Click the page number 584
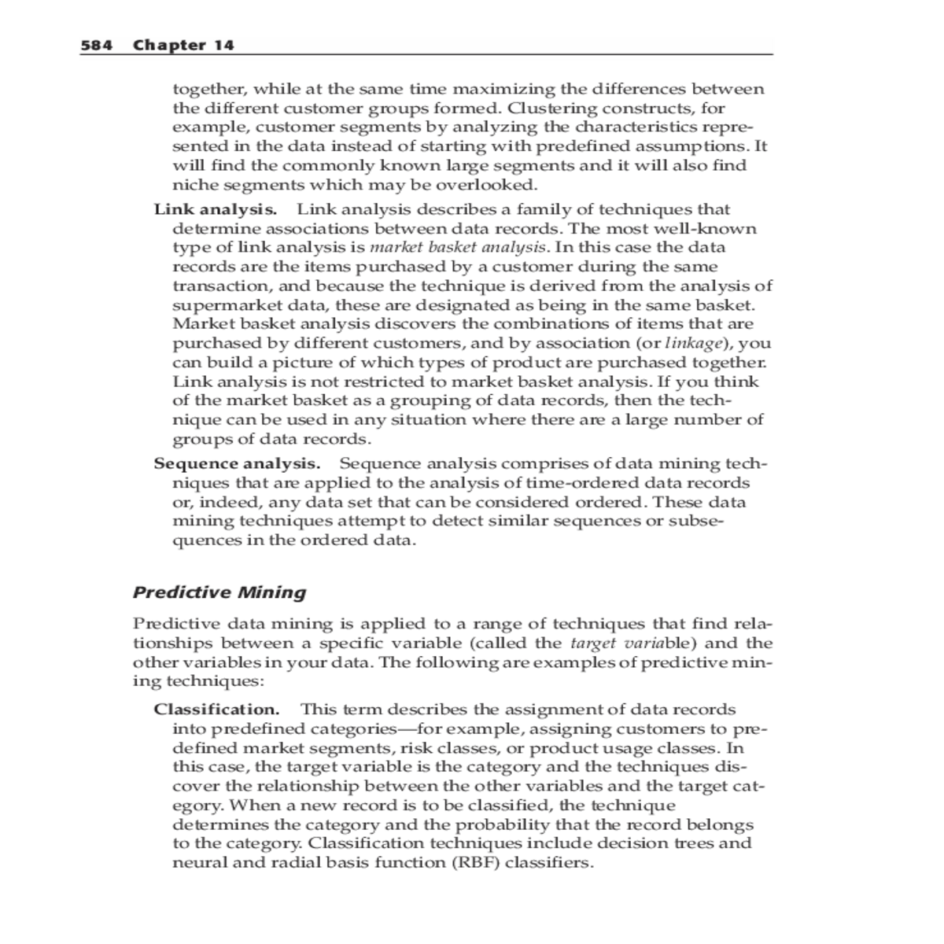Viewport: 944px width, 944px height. pos(97,45)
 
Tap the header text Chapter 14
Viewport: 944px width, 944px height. pos(183,45)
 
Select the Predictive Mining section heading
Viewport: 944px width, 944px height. pos(219,592)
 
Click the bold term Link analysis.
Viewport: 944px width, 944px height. pos(215,210)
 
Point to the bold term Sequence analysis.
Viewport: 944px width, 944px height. pos(237,464)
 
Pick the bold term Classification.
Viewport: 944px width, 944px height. pos(216,710)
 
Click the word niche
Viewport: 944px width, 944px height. pos(194,186)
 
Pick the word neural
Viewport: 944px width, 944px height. pos(197,863)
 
